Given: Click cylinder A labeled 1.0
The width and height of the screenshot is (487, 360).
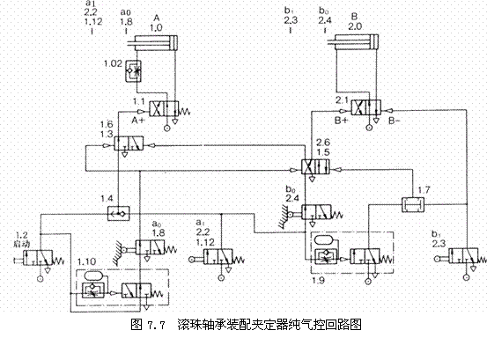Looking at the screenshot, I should pos(156,43).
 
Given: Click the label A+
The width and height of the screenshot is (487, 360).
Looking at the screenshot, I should pos(138,118).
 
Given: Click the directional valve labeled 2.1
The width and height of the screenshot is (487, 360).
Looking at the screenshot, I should pos(363,108).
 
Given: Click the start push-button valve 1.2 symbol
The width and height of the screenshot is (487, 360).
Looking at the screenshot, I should pos(36,260).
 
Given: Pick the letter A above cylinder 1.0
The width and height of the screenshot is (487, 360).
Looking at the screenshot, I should pos(156,15).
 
